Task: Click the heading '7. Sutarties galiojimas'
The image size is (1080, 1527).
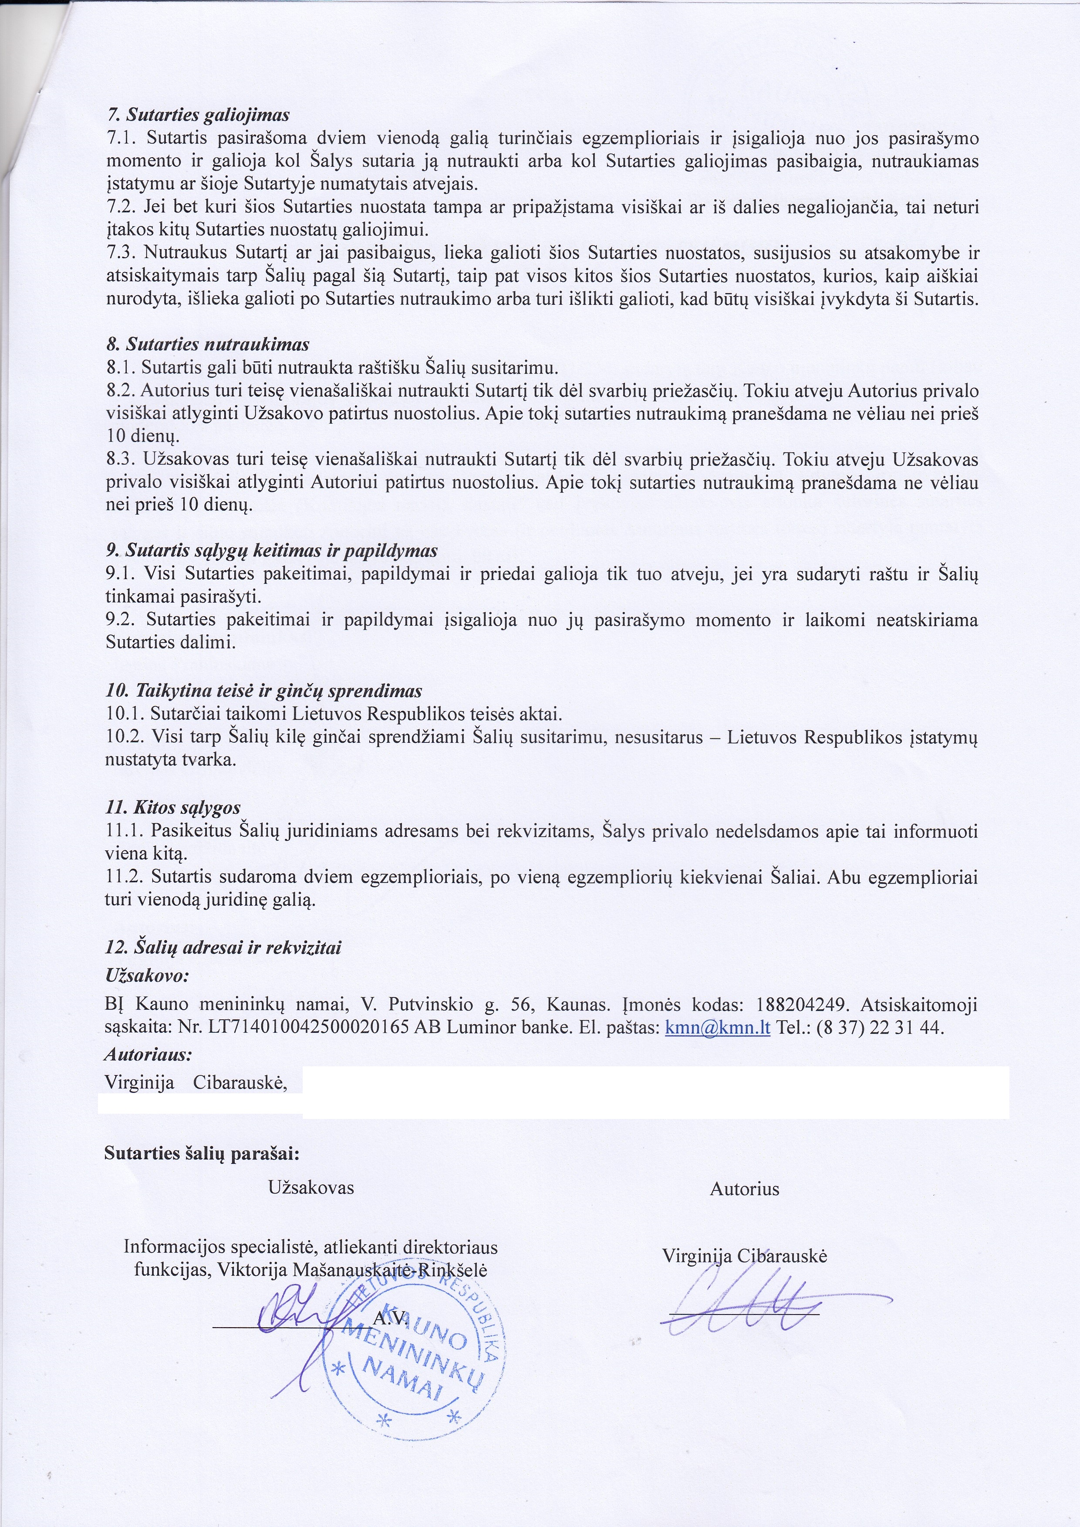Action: (198, 115)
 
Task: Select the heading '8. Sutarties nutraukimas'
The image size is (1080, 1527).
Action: (207, 344)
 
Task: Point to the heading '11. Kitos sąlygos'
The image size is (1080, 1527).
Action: (173, 807)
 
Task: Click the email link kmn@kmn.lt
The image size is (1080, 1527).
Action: (718, 1028)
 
